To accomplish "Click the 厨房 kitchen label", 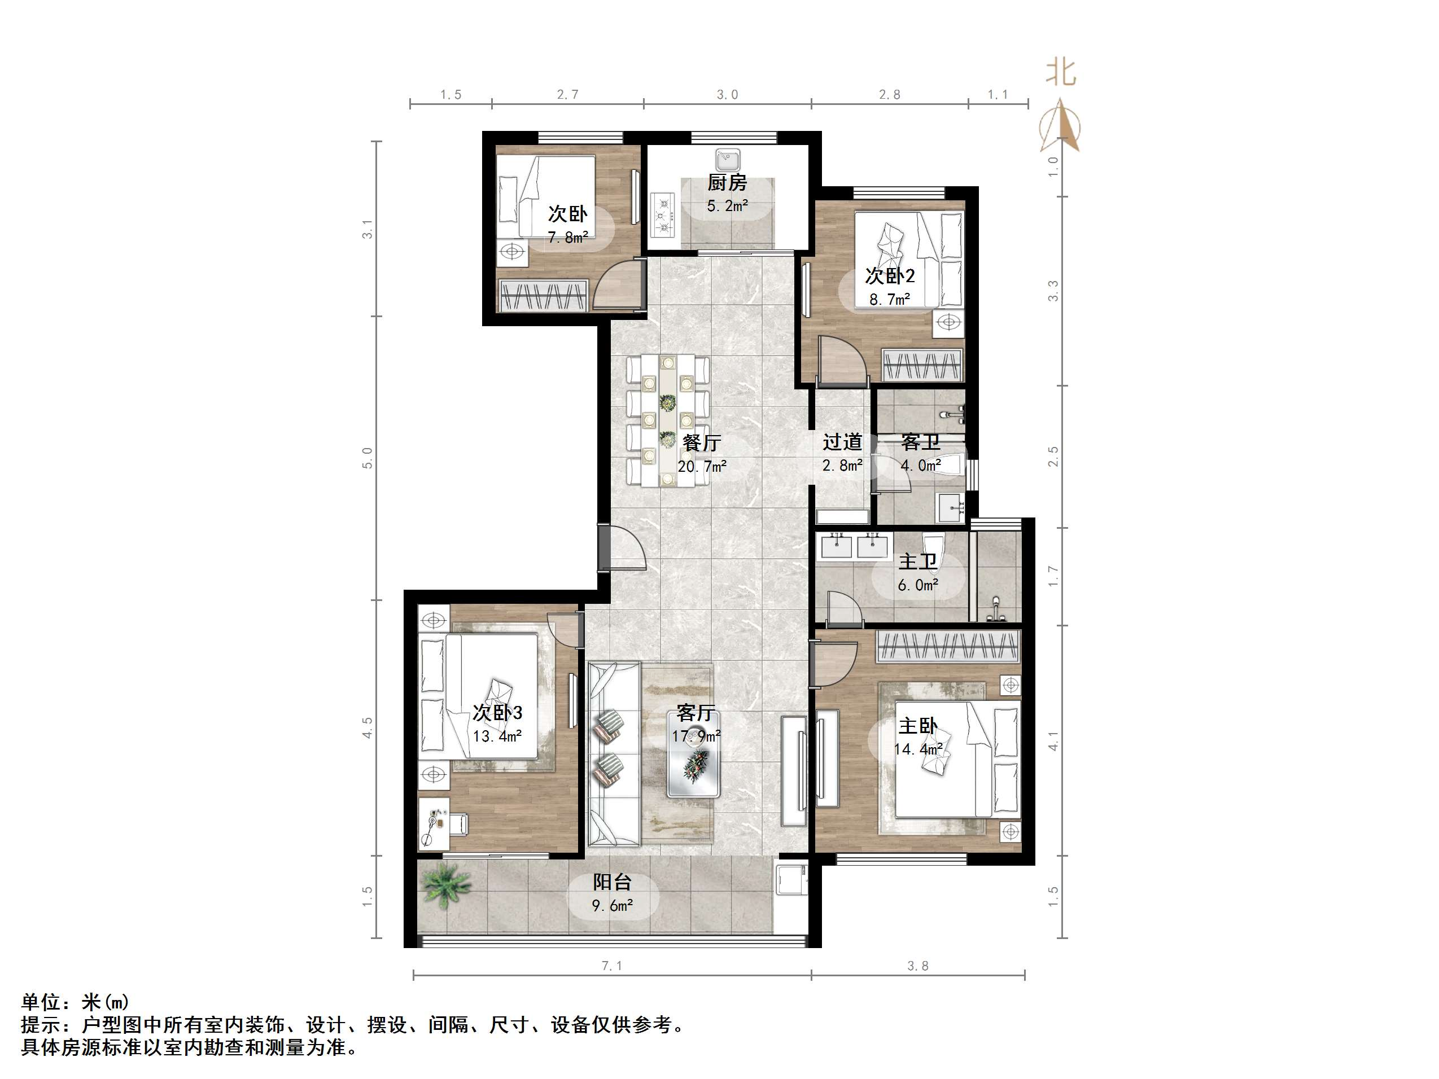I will [x=727, y=183].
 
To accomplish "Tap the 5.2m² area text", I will [x=727, y=206].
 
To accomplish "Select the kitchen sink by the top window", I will [x=727, y=159].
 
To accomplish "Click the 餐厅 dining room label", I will [x=701, y=443].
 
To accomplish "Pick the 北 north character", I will [x=1060, y=73].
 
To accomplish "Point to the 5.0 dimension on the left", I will [x=368, y=458].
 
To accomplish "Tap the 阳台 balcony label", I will [x=611, y=883].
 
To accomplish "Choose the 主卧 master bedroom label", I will [x=917, y=726].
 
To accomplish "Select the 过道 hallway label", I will [x=842, y=442].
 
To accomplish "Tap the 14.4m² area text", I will [x=917, y=749].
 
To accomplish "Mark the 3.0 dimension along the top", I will [x=727, y=95].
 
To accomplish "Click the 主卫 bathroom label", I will [x=917, y=562].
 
